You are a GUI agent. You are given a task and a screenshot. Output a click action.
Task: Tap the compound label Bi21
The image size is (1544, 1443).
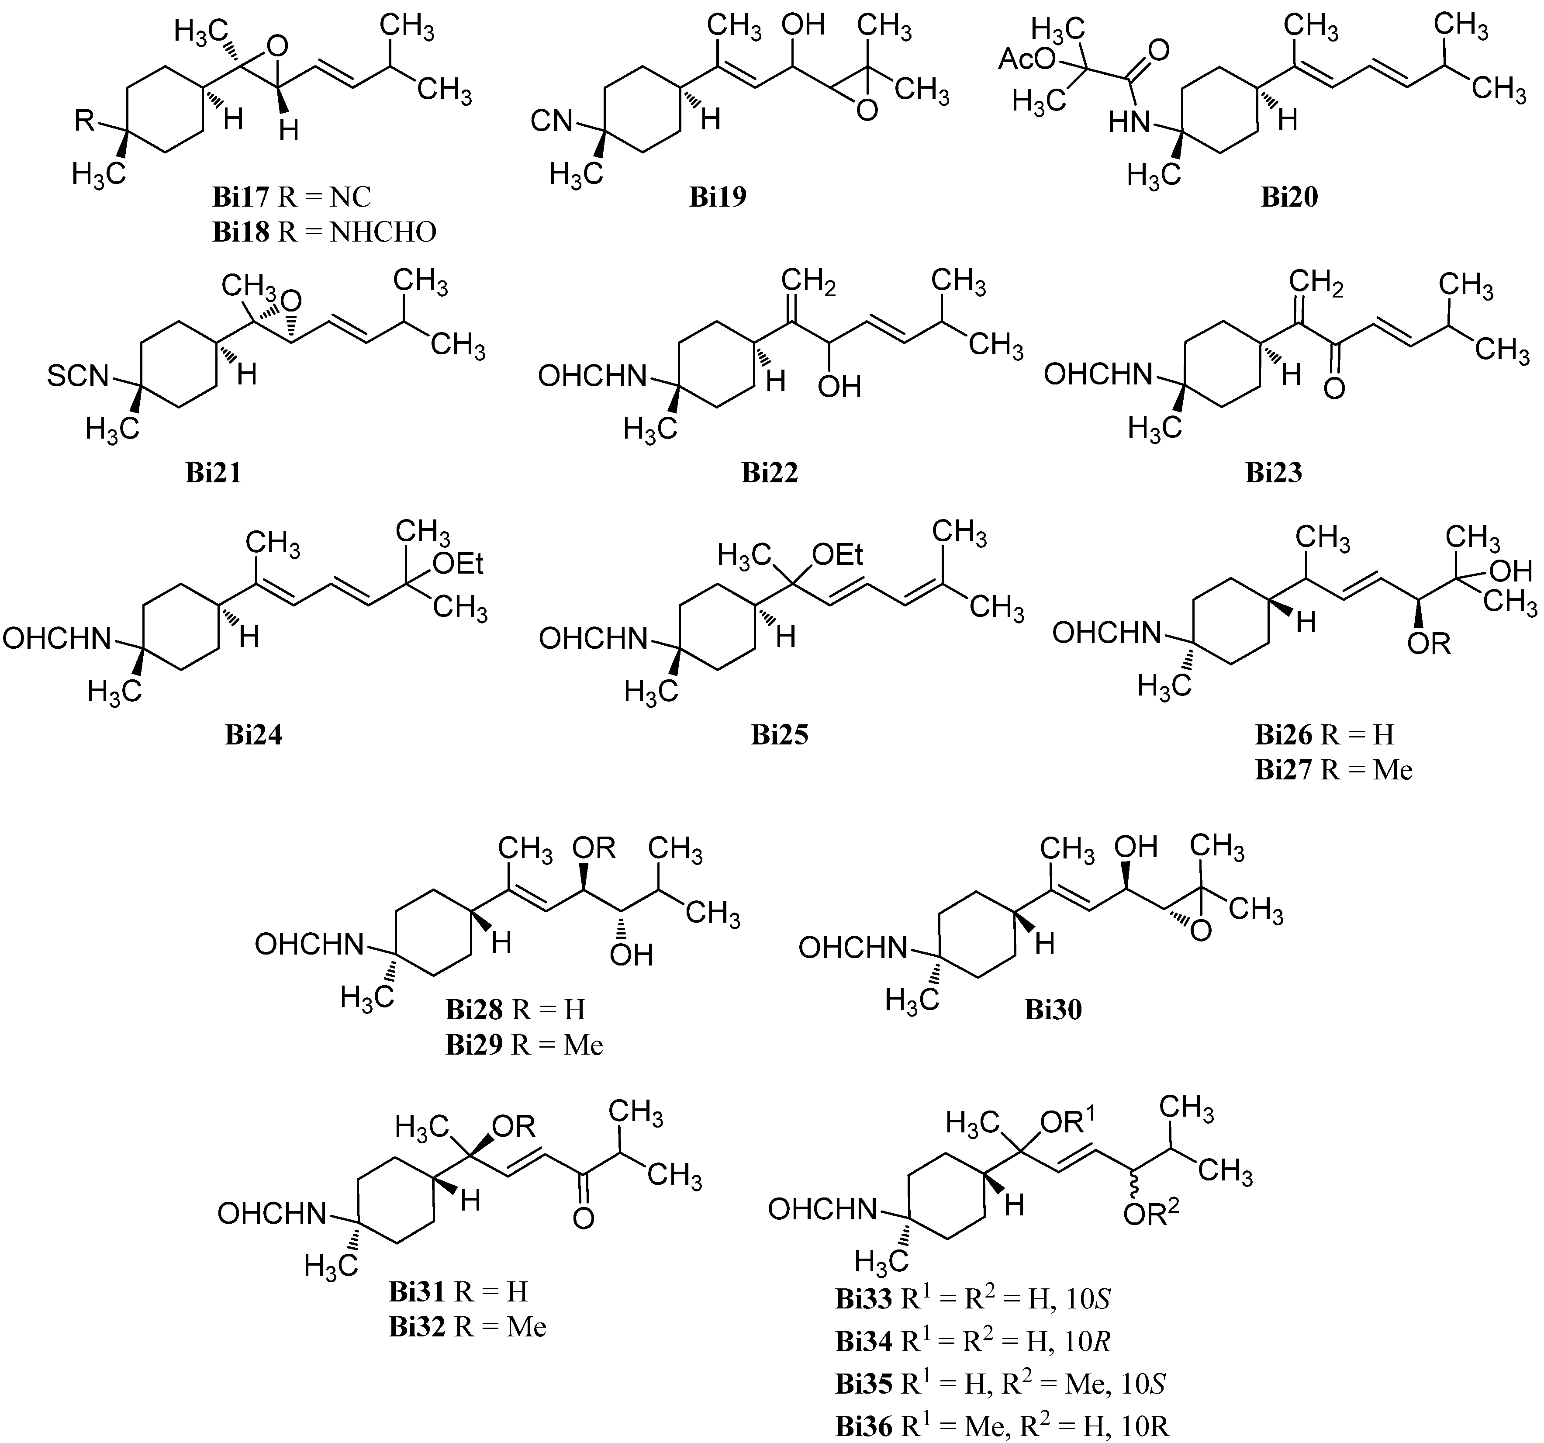click(x=214, y=473)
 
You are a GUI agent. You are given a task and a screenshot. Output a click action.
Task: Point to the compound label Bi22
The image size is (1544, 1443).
click(x=770, y=473)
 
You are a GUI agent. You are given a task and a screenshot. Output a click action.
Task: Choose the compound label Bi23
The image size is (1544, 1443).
click(x=1274, y=473)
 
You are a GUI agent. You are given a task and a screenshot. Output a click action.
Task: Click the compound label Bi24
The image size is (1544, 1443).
click(x=254, y=735)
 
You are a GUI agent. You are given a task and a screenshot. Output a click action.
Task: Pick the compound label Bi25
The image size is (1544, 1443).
click(x=780, y=735)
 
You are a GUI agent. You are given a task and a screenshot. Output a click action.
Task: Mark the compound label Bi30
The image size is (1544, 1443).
click(x=1053, y=1010)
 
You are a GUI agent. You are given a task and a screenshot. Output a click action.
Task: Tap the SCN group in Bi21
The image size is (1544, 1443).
click(x=78, y=377)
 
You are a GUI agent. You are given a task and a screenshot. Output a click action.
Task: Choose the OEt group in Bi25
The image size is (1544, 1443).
click(x=837, y=554)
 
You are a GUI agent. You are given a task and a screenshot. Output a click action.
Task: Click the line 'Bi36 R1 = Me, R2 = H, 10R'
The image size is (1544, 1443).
click(x=1002, y=1426)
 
